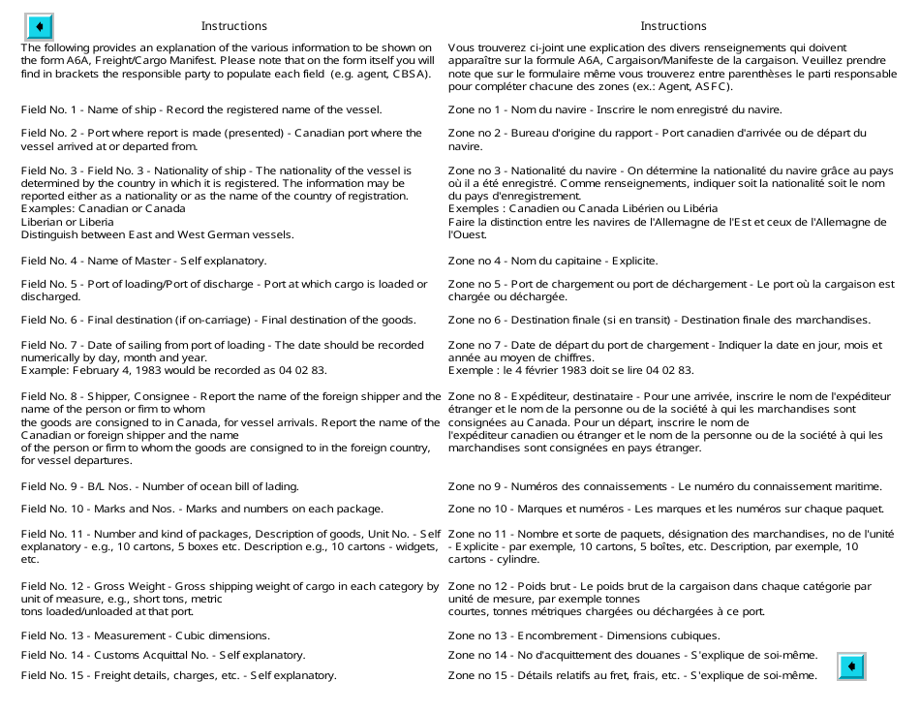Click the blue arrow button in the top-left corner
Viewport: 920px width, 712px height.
(x=39, y=26)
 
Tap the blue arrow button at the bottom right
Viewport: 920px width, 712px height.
(x=851, y=666)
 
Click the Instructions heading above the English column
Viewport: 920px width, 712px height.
(x=233, y=26)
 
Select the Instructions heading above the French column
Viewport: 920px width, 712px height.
(x=673, y=26)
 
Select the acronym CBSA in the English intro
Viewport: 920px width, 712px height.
(x=408, y=74)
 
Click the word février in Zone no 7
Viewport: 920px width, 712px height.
(x=550, y=370)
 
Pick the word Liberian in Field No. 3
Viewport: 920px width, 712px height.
(x=44, y=221)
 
